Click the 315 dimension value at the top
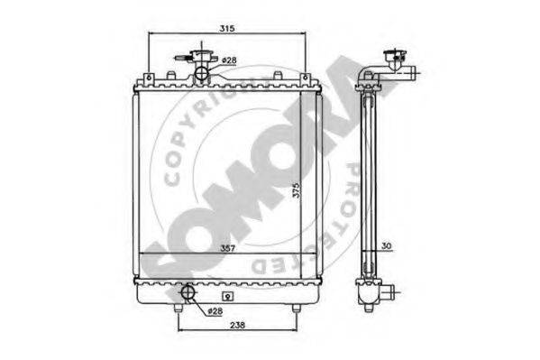click(227, 28)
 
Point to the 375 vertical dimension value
click(297, 190)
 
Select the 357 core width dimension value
click(228, 248)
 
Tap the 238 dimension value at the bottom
click(238, 325)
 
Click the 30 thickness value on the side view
click(387, 245)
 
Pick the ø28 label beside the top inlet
click(229, 60)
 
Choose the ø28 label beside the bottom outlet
click(215, 311)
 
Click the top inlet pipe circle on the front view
click(202, 72)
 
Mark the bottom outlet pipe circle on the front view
click(188, 292)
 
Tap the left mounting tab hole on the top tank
click(149, 78)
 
